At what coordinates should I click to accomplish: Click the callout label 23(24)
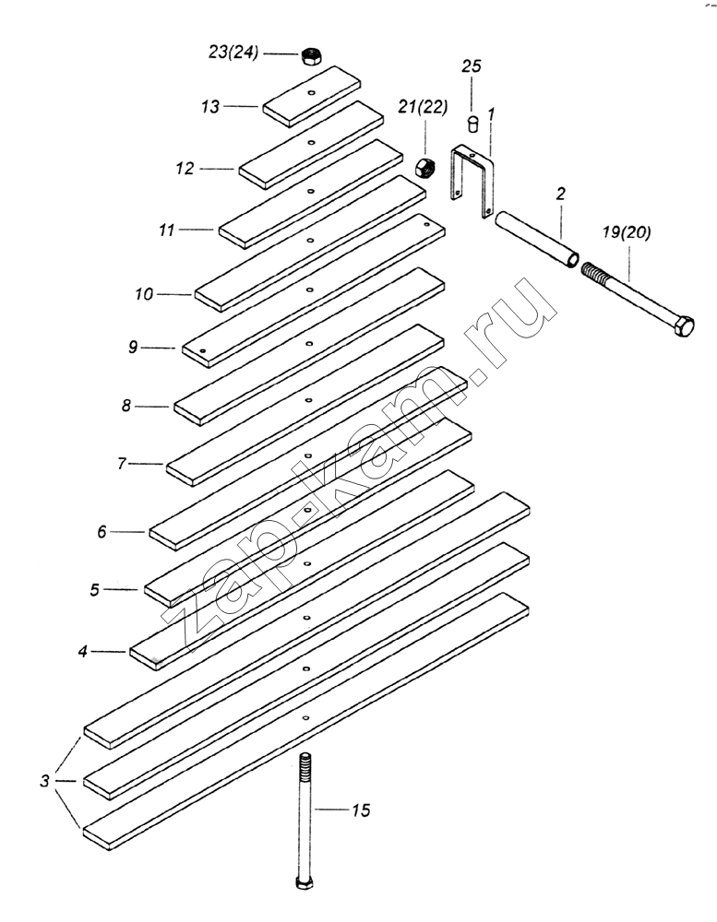(233, 53)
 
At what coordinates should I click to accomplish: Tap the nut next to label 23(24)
(311, 55)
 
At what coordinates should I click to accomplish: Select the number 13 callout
(212, 107)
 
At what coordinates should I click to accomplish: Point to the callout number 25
(472, 67)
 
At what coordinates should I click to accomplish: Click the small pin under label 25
(472, 122)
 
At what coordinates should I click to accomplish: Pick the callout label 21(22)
(422, 107)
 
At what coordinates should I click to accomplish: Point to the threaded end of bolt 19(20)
(594, 273)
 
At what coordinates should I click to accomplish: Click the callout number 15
(360, 811)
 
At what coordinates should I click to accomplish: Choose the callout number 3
(43, 782)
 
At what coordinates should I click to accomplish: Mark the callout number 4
(82, 651)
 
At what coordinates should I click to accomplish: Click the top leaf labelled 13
(315, 95)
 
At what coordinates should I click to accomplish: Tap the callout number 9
(133, 348)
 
